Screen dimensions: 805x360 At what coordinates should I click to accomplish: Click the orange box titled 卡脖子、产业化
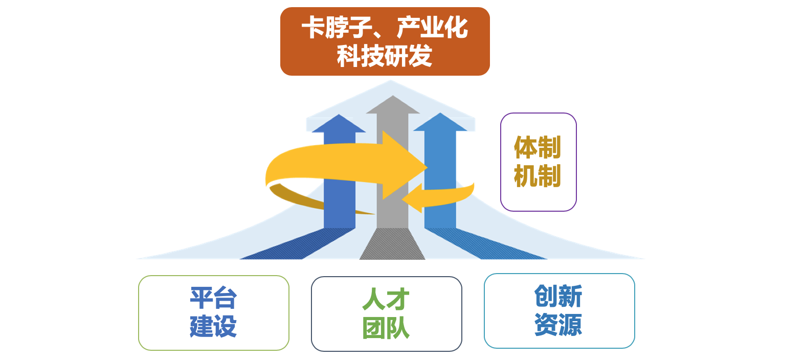pyautogui.click(x=385, y=41)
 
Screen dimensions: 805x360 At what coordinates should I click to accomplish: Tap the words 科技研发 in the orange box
pyautogui.click(x=385, y=56)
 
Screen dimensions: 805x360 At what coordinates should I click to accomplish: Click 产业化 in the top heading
pyautogui.click(x=432, y=27)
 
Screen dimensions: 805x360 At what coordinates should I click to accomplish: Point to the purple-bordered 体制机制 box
pyautogui.click(x=539, y=162)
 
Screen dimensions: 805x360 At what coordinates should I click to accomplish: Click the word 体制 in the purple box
pyautogui.click(x=538, y=147)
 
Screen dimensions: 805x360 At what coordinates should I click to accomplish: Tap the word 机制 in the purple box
pyautogui.click(x=538, y=176)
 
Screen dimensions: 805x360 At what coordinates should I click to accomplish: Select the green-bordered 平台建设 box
pyautogui.click(x=214, y=313)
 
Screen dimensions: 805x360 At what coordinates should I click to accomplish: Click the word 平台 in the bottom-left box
pyautogui.click(x=213, y=298)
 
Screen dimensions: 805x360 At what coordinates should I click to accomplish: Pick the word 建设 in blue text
pyautogui.click(x=213, y=326)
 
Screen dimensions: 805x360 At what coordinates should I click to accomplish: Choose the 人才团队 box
pyautogui.click(x=387, y=314)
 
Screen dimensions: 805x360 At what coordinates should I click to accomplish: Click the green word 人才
pyautogui.click(x=386, y=299)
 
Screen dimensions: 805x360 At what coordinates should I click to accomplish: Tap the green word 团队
pyautogui.click(x=386, y=328)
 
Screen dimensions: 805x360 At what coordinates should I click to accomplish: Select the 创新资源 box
pyautogui.click(x=560, y=311)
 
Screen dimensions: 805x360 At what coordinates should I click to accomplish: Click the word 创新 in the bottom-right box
pyautogui.click(x=558, y=296)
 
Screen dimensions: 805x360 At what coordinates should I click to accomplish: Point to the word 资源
pyautogui.click(x=558, y=325)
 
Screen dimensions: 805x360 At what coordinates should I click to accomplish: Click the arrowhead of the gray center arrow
pyautogui.click(x=393, y=104)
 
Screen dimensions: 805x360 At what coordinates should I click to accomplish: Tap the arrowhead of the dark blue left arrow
pyautogui.click(x=339, y=123)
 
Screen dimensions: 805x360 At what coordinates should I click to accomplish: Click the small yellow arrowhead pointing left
pyautogui.click(x=412, y=198)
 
